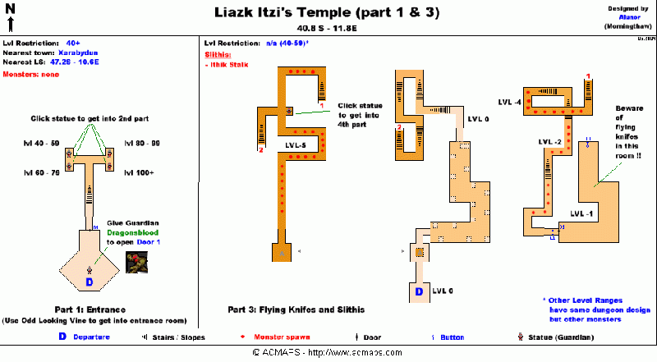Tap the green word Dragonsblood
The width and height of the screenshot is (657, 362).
[x=131, y=231]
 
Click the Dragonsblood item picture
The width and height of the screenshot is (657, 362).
[x=136, y=262]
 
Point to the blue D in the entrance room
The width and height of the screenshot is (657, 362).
[x=90, y=282]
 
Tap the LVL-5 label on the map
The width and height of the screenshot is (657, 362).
[x=296, y=145]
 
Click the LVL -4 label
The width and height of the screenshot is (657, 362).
[x=509, y=102]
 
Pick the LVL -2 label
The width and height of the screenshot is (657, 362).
[x=549, y=142]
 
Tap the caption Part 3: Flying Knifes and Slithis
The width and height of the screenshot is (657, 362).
[x=296, y=309]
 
